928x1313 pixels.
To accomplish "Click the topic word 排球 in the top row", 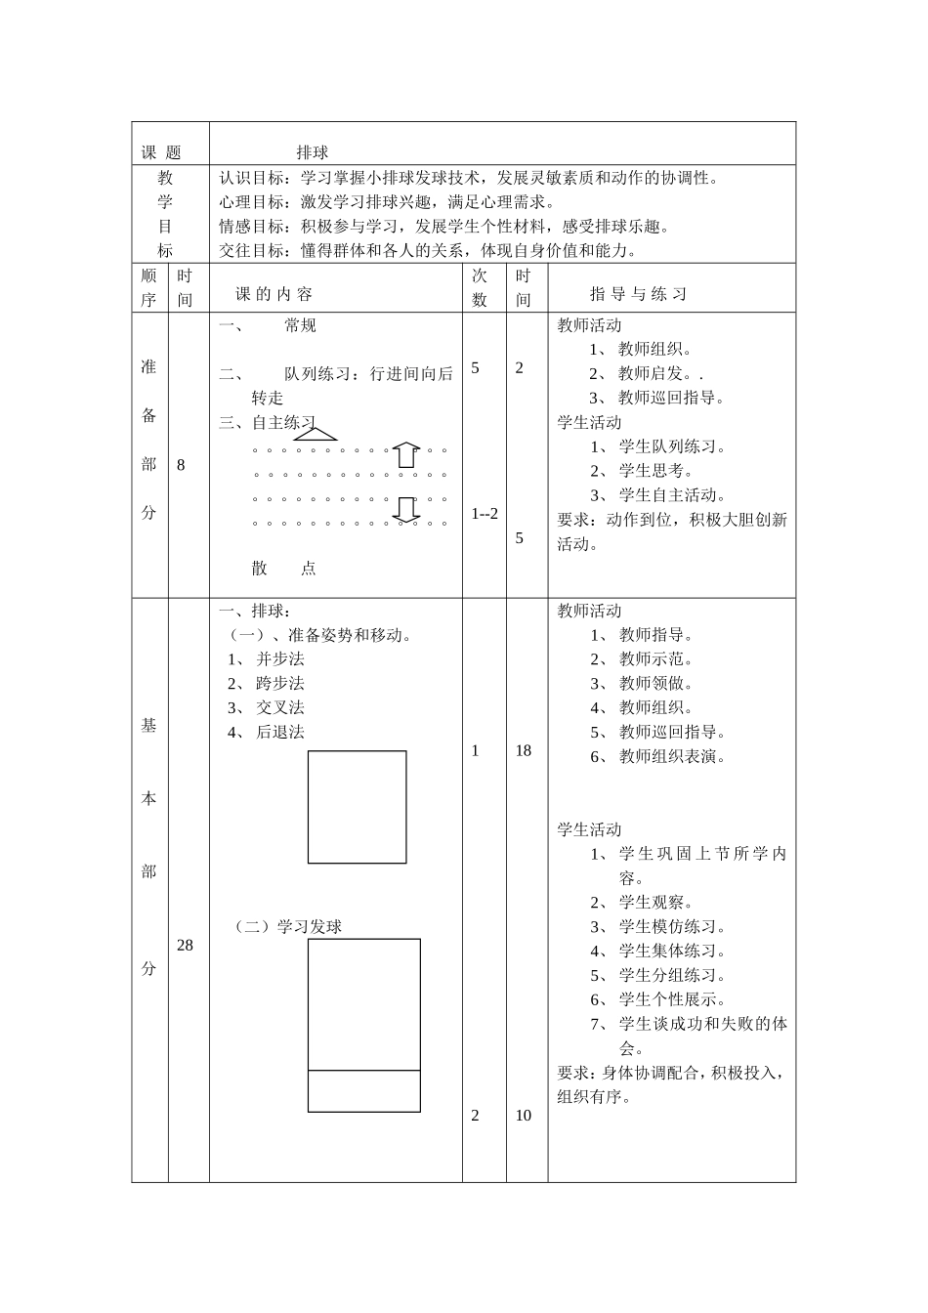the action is tap(313, 152).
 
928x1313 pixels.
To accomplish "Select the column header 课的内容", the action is tap(274, 294).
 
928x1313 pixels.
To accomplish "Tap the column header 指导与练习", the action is tap(639, 294).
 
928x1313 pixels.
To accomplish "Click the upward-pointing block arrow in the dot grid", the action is tap(406, 454).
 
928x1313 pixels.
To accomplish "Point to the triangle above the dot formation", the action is tap(315, 434).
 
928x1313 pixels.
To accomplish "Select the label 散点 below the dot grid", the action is tap(283, 569).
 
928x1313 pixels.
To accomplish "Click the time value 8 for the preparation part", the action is tap(181, 465).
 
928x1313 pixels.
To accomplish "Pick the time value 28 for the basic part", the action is tap(185, 945).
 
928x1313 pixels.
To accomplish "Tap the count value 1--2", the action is tap(485, 514).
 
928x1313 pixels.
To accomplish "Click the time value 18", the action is tap(524, 750).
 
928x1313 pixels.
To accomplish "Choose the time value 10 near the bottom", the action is tap(524, 1116).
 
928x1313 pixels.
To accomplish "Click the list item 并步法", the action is tap(280, 659).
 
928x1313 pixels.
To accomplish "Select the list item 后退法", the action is tap(280, 732).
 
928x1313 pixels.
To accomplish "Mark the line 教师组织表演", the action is tap(672, 756).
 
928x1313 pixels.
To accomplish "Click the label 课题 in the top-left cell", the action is tap(161, 152).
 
